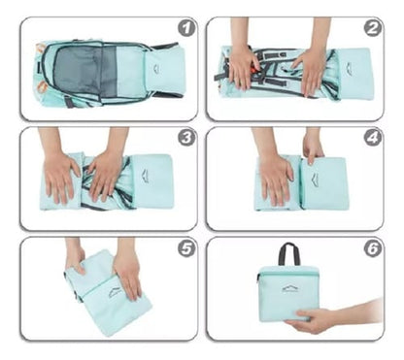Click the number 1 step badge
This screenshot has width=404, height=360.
[186, 28]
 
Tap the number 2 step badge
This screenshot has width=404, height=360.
[372, 28]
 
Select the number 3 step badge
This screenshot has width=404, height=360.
[186, 139]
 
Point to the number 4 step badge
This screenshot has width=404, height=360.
[372, 139]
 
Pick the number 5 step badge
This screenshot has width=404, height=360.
[186, 248]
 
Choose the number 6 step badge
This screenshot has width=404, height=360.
[372, 248]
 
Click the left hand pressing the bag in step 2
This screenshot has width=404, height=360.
[242, 67]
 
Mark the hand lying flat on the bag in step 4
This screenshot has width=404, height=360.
[276, 175]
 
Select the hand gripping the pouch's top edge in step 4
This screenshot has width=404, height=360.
[313, 147]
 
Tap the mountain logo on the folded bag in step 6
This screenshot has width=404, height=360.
[288, 289]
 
